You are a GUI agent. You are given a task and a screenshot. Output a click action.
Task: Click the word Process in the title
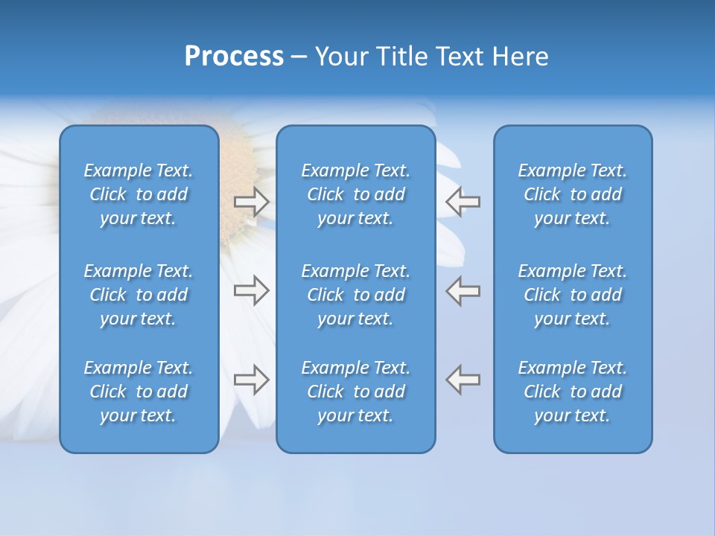tap(234, 57)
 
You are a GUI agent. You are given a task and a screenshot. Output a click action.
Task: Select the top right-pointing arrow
tap(252, 202)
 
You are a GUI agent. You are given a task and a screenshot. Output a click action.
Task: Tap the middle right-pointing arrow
tap(252, 290)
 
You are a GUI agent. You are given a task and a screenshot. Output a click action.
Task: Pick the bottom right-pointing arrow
tap(252, 380)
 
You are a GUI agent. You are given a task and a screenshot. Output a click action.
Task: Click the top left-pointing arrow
tap(463, 202)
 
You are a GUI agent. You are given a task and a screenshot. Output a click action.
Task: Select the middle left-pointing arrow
tap(463, 290)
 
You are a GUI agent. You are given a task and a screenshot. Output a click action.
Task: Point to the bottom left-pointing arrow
tap(463, 380)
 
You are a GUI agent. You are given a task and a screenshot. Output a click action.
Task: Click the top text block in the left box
tap(139, 194)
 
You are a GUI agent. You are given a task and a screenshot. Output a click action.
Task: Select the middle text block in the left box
tap(139, 295)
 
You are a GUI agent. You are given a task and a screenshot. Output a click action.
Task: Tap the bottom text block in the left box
tap(139, 392)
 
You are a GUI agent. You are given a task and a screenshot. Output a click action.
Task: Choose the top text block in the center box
tap(356, 194)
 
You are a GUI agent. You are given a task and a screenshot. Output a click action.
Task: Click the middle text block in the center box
tap(356, 295)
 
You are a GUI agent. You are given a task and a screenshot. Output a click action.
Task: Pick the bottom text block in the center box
tap(356, 392)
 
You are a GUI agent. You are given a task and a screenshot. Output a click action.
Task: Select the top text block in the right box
tap(573, 194)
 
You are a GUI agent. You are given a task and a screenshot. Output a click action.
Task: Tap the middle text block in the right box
tap(573, 295)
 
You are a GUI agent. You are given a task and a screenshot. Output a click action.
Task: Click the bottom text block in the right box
tap(573, 392)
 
